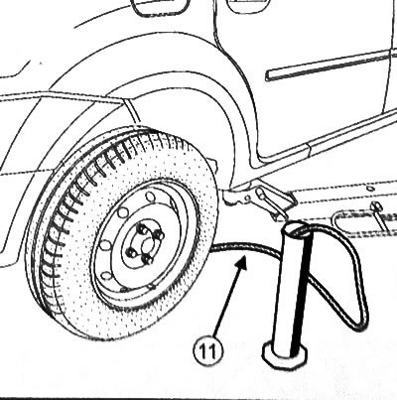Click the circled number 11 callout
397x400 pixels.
tap(208, 350)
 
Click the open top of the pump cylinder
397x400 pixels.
tap(298, 229)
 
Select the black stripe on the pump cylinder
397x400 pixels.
tap(301, 295)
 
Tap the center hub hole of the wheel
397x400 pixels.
tap(146, 245)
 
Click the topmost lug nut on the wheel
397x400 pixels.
tap(143, 228)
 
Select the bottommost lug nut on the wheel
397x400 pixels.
tap(147, 259)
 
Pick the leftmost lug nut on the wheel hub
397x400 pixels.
tap(131, 253)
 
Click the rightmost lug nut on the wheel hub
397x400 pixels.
tap(160, 236)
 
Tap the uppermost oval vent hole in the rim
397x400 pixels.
tap(150, 198)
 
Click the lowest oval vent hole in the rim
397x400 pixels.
tap(105, 276)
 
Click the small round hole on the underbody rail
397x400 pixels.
tap(370, 189)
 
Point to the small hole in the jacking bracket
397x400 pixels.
tap(247, 199)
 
